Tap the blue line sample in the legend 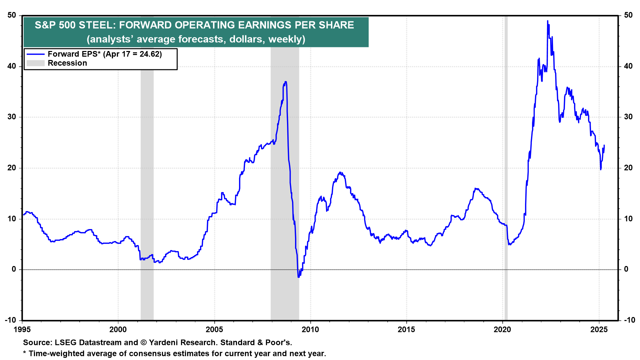[x=35, y=54]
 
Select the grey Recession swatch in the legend [x=35, y=63]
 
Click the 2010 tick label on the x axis [x=310, y=330]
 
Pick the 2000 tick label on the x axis [x=118, y=330]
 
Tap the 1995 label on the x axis [x=22, y=330]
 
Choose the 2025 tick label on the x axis [x=599, y=330]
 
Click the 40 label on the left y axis [x=12, y=66]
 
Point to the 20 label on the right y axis [x=628, y=168]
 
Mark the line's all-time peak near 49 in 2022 [x=547, y=21]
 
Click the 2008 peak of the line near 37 [x=285, y=82]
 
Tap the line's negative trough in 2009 [x=298, y=277]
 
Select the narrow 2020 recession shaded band [x=506, y=167]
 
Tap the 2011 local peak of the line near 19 [x=340, y=173]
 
